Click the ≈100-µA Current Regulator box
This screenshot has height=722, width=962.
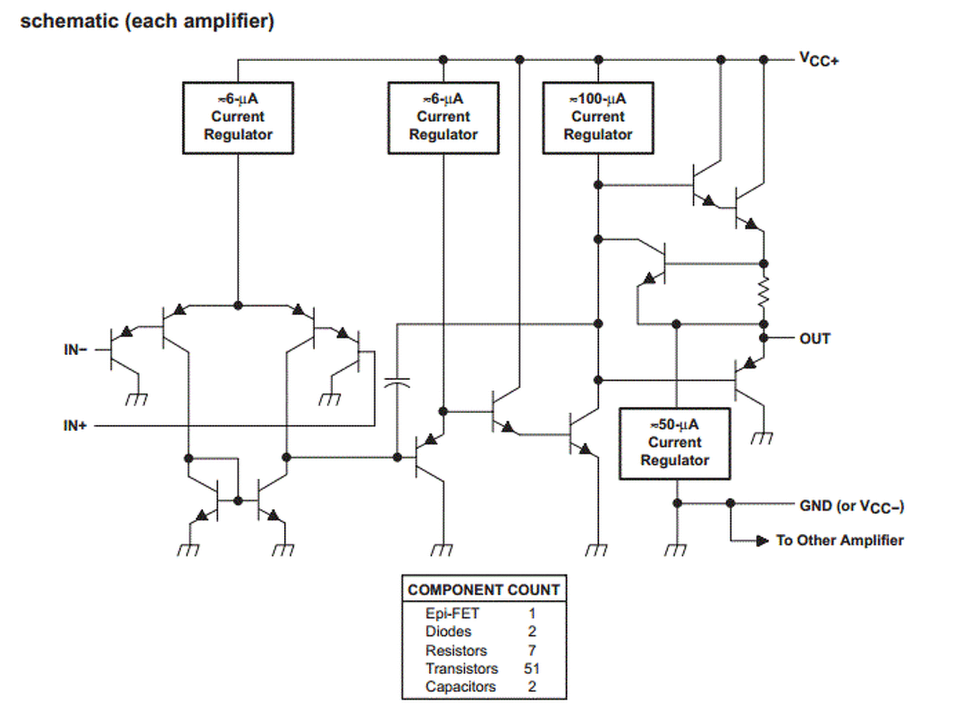(x=597, y=117)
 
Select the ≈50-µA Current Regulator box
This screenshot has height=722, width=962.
(x=674, y=443)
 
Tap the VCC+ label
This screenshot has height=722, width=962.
(x=818, y=59)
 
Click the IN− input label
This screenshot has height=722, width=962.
(x=75, y=350)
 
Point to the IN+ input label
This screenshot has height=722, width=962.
(x=75, y=426)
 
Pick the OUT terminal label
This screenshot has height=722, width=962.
(x=815, y=338)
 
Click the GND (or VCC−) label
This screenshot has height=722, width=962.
(x=852, y=506)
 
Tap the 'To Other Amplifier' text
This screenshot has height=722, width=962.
(x=839, y=540)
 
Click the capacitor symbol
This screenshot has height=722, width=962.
(x=397, y=384)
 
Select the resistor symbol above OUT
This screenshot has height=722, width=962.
(x=764, y=293)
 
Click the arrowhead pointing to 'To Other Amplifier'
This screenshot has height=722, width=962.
(x=762, y=540)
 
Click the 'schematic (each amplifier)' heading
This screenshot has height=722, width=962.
(x=147, y=21)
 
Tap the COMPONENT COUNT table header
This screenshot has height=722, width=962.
(x=483, y=590)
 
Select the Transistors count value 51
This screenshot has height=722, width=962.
(x=532, y=669)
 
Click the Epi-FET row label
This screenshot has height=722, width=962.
(x=452, y=613)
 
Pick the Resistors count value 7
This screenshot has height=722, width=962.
(x=532, y=651)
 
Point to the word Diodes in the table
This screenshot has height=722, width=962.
(x=448, y=632)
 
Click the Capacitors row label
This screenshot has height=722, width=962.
(x=460, y=687)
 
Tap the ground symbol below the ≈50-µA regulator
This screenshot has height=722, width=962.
(x=676, y=549)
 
